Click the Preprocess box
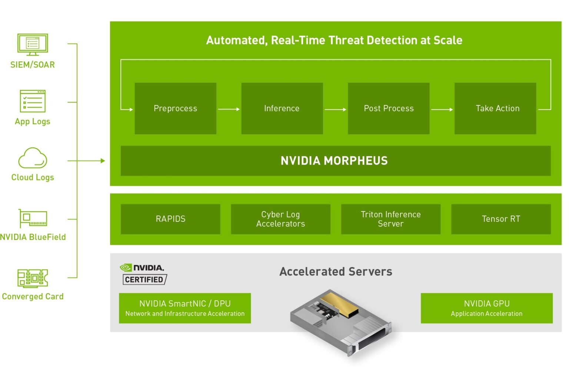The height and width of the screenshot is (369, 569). tap(175, 108)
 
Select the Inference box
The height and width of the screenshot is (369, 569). tap(282, 108)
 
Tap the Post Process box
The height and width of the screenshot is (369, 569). tap(389, 108)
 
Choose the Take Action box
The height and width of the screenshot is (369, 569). tap(495, 108)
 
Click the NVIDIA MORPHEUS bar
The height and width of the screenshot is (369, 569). tap(335, 161)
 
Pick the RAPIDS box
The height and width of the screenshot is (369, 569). tap(170, 219)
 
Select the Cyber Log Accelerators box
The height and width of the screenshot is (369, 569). tap(280, 219)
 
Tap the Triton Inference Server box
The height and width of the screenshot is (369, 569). tap(390, 219)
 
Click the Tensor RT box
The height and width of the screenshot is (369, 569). tap(501, 219)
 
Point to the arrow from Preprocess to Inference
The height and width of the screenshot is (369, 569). tap(229, 109)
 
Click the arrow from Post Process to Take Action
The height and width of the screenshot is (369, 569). tap(442, 109)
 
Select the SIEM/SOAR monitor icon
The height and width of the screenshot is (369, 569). tap(33, 44)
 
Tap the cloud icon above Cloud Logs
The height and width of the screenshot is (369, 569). tap(33, 158)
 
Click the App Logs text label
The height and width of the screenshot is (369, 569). tap(33, 122)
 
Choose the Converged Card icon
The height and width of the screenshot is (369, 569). tap(33, 278)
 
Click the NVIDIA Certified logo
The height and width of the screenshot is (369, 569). tap(144, 274)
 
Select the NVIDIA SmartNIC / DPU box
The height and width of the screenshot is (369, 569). tap(185, 308)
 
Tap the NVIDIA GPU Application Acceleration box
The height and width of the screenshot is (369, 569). tap(486, 308)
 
